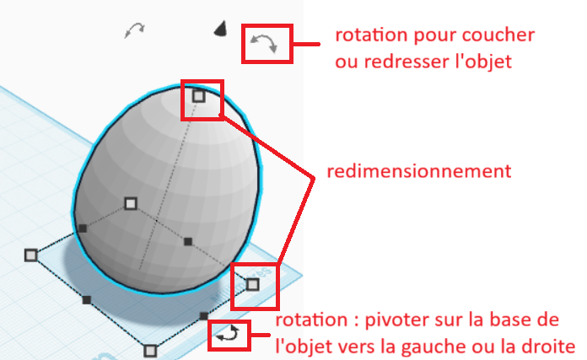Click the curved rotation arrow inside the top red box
tap(267, 43)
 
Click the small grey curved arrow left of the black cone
tap(133, 30)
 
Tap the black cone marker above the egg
tap(220, 30)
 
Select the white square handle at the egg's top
tap(198, 95)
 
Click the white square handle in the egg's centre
tap(131, 202)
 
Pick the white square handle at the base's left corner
tap(31, 254)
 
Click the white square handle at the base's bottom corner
tap(150, 349)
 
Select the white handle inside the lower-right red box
tap(252, 284)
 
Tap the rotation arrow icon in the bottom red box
tap(229, 335)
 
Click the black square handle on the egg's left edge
tap(83, 228)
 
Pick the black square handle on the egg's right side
tap(187, 242)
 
